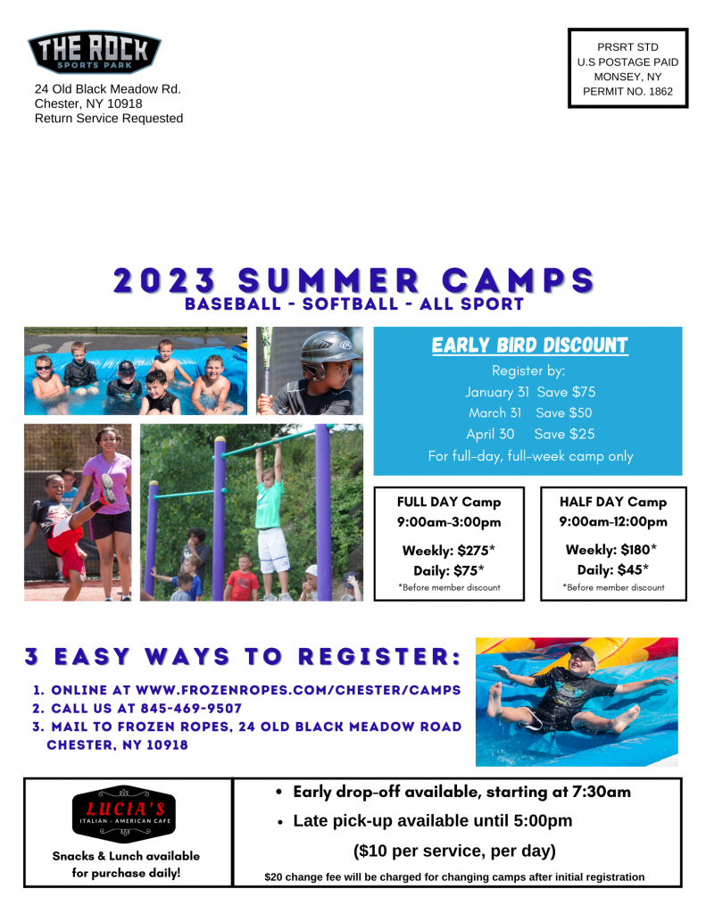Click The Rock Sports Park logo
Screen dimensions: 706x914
[95, 52]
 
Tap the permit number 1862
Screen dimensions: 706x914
[660, 92]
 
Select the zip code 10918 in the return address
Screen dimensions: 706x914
[125, 104]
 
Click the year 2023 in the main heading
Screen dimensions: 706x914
[164, 281]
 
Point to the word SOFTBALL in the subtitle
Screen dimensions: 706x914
[351, 303]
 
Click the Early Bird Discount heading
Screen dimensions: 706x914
[529, 345]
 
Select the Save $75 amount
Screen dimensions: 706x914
[566, 392]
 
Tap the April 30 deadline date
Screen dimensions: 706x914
[490, 435]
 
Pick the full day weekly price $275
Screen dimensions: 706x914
[476, 550]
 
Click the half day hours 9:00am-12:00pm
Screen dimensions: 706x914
[613, 521]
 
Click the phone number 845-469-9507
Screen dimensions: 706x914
[191, 708]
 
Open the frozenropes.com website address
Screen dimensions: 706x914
[298, 690]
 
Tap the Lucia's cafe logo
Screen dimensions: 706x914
[123, 814]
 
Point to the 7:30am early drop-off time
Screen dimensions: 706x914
[602, 793]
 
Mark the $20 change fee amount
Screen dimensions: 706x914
[273, 877]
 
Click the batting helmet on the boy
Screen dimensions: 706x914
[328, 352]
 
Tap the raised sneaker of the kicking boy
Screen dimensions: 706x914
[108, 488]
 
